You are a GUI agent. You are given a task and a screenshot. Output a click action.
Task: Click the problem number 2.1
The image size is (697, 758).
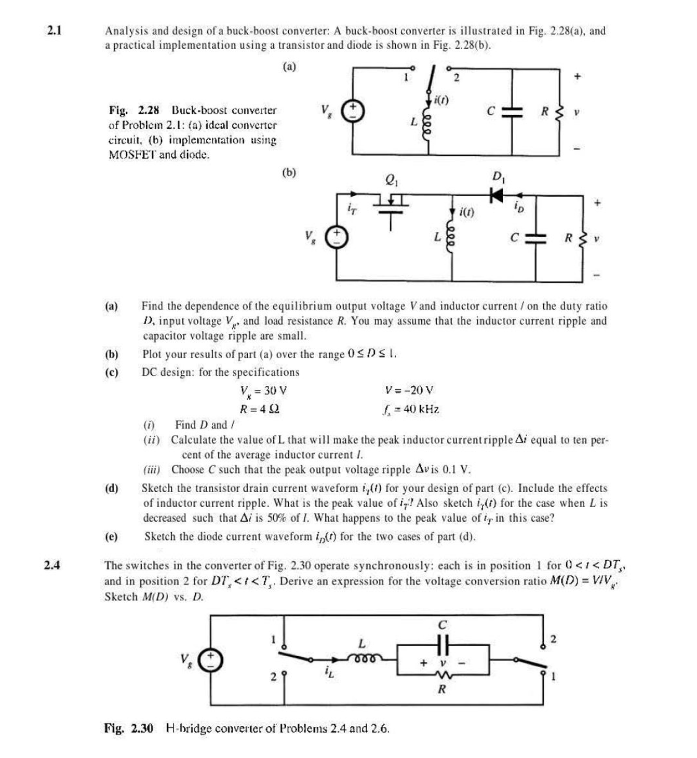pos(54,31)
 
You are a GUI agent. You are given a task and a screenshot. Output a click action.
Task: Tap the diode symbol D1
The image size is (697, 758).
pos(497,195)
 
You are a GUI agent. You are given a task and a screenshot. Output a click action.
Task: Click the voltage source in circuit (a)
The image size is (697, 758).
pos(353,111)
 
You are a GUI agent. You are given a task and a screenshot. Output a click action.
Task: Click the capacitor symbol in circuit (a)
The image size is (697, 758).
pos(512,112)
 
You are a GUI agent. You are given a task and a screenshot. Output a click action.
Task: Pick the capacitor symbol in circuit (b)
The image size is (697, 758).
pos(535,238)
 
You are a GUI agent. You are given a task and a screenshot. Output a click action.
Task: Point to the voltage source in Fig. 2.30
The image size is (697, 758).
pos(211,659)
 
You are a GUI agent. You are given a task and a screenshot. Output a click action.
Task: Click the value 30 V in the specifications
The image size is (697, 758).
pos(275,390)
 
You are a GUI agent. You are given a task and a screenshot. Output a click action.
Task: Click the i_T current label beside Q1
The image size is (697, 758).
pos(352,209)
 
